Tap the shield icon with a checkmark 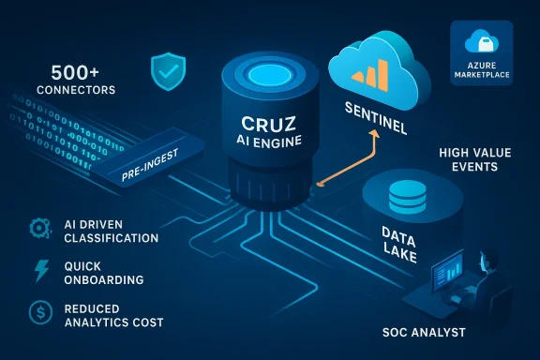pyautogui.click(x=168, y=69)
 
